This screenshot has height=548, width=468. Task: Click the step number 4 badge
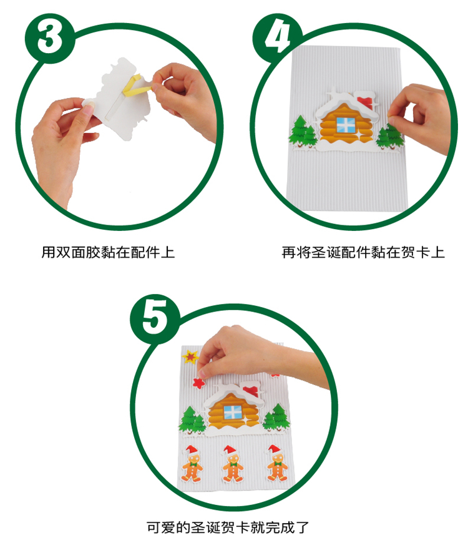point(278,37)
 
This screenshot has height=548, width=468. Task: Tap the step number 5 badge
point(155,318)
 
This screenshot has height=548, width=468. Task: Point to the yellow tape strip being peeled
point(135,86)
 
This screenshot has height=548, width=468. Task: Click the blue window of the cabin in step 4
point(346,125)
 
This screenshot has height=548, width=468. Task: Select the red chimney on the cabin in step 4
point(363,100)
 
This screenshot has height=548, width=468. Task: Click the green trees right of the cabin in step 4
point(389,135)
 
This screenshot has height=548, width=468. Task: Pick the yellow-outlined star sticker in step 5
point(190,357)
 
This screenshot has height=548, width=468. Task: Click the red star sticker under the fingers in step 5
point(198,383)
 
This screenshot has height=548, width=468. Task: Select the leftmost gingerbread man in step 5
point(192,463)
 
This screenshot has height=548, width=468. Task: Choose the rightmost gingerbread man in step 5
point(278,462)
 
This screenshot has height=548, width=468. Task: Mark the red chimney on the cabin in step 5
point(251,390)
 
